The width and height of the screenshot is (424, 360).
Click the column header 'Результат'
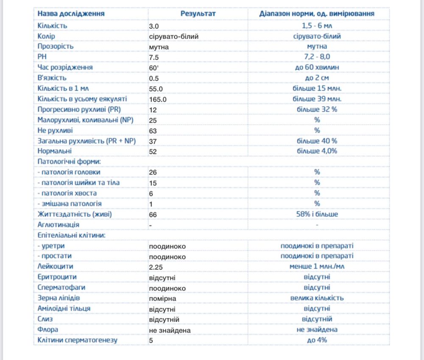point(198,14)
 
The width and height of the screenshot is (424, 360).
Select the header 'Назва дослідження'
point(71,14)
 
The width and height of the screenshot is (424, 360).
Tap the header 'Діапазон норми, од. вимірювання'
point(317,14)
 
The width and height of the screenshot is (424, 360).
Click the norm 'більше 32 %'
point(317,109)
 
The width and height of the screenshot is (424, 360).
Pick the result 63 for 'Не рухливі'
point(153,131)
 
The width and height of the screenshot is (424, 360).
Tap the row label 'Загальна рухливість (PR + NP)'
point(86,141)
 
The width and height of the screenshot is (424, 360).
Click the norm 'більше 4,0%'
point(317,151)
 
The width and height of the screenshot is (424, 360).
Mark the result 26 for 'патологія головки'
point(153,172)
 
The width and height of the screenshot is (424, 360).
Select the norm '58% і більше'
point(317,214)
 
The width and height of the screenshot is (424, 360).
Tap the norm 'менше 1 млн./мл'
point(317,266)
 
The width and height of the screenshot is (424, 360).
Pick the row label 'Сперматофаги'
point(61,287)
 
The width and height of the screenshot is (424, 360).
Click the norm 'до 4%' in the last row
point(317,340)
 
